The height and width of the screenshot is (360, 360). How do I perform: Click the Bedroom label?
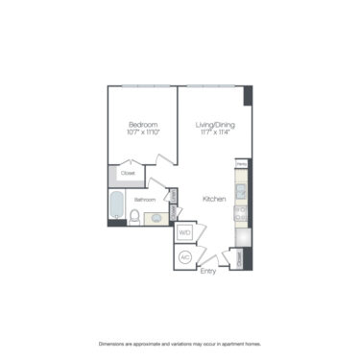tap(143, 124)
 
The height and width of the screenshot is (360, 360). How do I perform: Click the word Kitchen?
tap(214, 199)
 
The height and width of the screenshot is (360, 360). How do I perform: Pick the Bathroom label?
tap(145, 200)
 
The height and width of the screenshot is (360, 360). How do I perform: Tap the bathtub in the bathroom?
tap(117, 206)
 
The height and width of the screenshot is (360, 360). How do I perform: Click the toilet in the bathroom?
tap(135, 217)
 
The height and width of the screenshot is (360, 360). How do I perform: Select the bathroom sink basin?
tap(157, 217)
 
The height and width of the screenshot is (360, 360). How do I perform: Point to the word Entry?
tap(208, 271)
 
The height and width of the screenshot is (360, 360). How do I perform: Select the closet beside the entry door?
tap(239, 258)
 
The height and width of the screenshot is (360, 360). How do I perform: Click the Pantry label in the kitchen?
tap(241, 164)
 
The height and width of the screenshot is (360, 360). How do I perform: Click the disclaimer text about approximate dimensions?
tap(180, 343)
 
